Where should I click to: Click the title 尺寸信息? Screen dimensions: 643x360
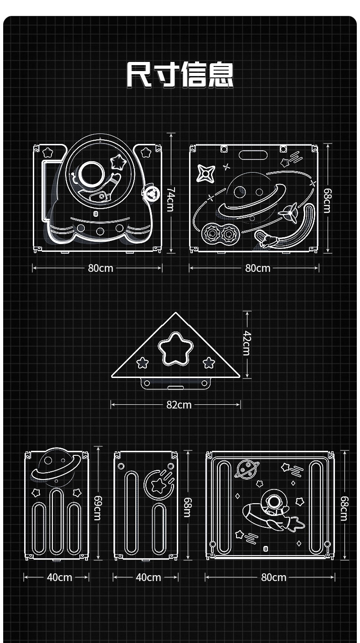tap(180, 75)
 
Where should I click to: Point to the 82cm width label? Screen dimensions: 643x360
tap(179, 404)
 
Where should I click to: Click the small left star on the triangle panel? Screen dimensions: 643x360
tap(143, 362)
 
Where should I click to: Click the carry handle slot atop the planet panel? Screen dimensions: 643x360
tap(253, 154)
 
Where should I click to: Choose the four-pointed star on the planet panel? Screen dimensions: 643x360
tap(206, 174)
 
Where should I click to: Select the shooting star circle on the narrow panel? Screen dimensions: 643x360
tap(158, 485)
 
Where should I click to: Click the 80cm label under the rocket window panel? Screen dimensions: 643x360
tap(100, 268)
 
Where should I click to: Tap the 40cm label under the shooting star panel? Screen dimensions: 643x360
tap(149, 577)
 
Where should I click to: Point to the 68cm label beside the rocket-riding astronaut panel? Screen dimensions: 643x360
tap(345, 508)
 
